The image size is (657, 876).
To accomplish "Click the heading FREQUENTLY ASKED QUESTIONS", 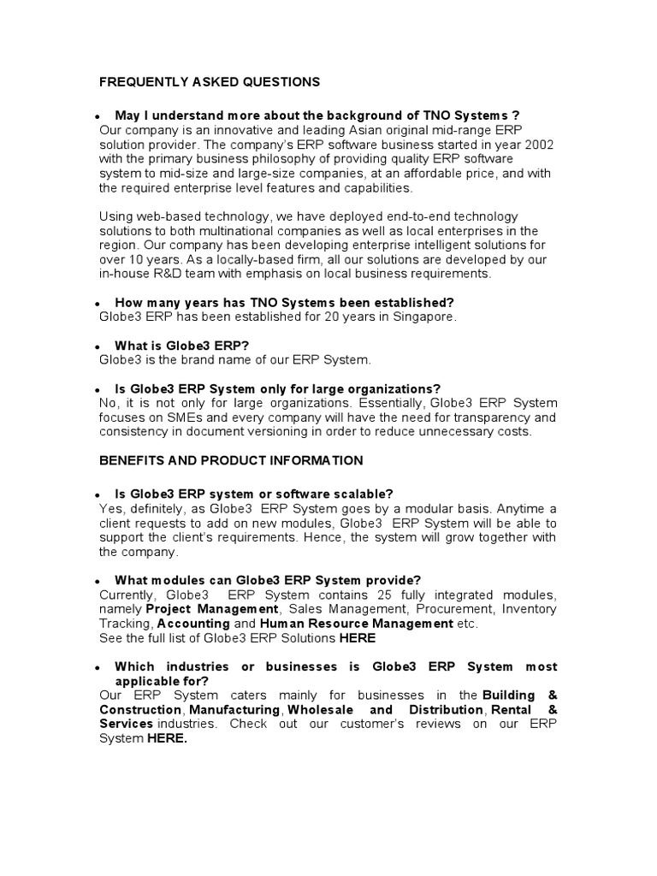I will (210, 82).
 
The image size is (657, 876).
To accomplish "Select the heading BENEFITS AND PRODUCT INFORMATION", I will (231, 460).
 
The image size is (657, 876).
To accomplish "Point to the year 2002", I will (539, 144).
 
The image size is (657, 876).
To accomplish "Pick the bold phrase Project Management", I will (213, 609).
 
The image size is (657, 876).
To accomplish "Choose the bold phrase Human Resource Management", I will (356, 624).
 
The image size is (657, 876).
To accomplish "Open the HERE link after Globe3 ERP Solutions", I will (358, 638).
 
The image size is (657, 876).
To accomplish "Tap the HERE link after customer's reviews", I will (167, 739).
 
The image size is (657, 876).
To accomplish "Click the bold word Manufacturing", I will (234, 710).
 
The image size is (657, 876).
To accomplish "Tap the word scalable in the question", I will (365, 494).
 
